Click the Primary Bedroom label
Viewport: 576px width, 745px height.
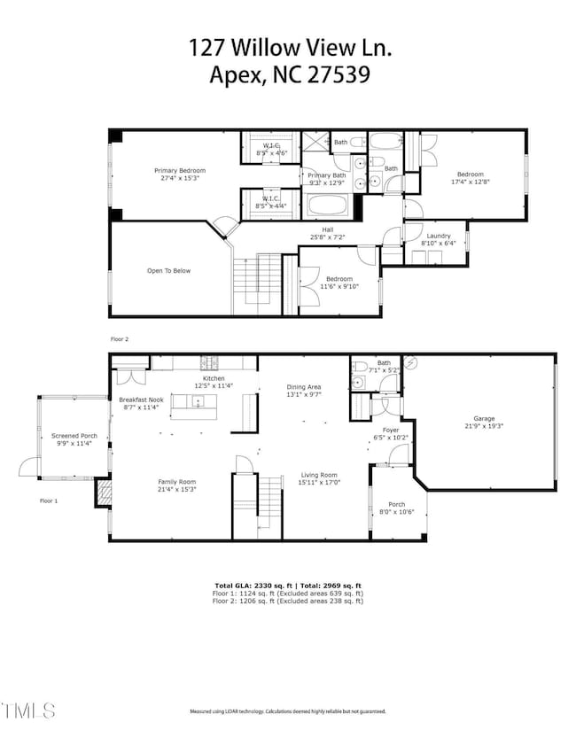180,171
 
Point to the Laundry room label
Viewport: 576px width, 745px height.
439,236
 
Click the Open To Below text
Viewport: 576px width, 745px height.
168,271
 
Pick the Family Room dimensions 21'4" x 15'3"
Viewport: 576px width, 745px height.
177,489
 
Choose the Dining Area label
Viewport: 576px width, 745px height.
303,387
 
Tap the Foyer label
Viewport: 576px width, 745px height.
390,431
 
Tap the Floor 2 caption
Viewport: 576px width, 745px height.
120,339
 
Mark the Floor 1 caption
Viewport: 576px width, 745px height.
49,501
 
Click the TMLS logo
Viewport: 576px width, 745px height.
28,710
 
